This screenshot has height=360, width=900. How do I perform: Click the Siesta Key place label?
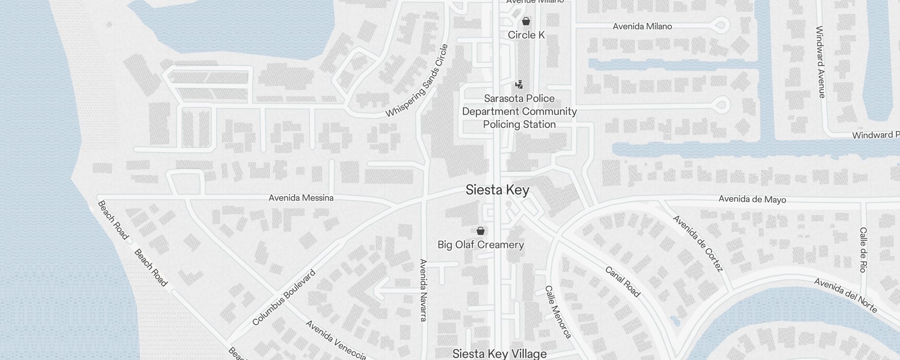497,190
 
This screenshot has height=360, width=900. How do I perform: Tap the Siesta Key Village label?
499,354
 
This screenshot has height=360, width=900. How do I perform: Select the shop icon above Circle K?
526,21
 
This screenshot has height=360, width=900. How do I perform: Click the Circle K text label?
526,35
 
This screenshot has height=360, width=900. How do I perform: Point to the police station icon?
519,84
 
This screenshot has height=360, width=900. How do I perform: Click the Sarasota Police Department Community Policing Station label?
519,111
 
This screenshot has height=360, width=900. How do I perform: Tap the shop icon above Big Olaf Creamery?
481,231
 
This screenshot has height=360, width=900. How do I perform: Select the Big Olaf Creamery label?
481,245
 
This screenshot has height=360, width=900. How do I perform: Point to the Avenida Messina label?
301,198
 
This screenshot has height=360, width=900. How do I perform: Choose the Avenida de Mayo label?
752,199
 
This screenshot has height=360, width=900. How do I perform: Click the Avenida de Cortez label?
698,243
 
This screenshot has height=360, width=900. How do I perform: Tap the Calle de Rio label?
863,250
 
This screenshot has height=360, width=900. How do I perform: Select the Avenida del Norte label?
846,296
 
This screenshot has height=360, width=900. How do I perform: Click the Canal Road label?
622,282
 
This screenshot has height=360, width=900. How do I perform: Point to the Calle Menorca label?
558,312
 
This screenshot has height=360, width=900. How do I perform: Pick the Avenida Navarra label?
423,290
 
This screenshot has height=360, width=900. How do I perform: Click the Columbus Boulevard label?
284,298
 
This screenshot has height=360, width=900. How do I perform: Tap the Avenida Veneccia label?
336,340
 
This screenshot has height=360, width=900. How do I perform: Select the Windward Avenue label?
820,62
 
